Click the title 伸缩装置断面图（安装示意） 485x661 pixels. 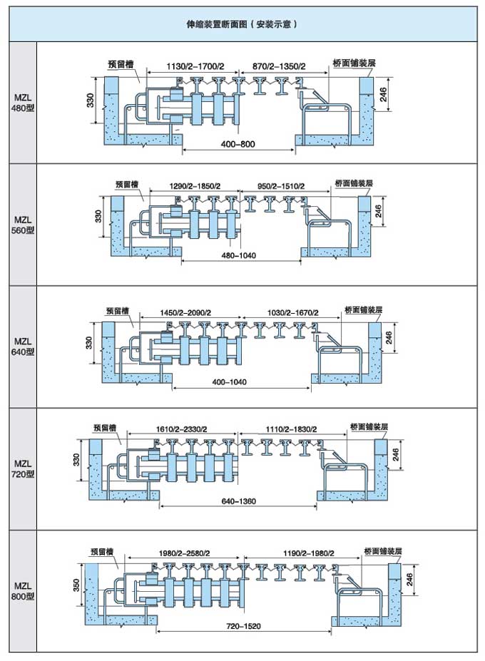242,24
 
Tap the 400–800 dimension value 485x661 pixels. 238,144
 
